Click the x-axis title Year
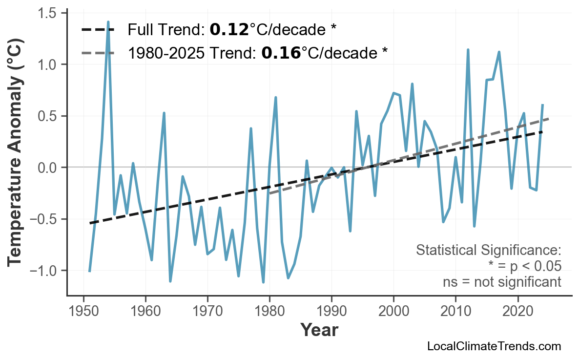(319, 330)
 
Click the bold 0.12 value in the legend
(229, 30)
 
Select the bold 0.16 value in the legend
(281, 53)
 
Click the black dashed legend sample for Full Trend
(98, 30)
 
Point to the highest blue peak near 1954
(108, 22)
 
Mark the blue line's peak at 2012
(468, 50)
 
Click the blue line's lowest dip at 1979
(263, 282)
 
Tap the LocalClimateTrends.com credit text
(494, 346)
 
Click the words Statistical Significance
(488, 251)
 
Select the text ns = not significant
(502, 282)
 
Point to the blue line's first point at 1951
(89, 271)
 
